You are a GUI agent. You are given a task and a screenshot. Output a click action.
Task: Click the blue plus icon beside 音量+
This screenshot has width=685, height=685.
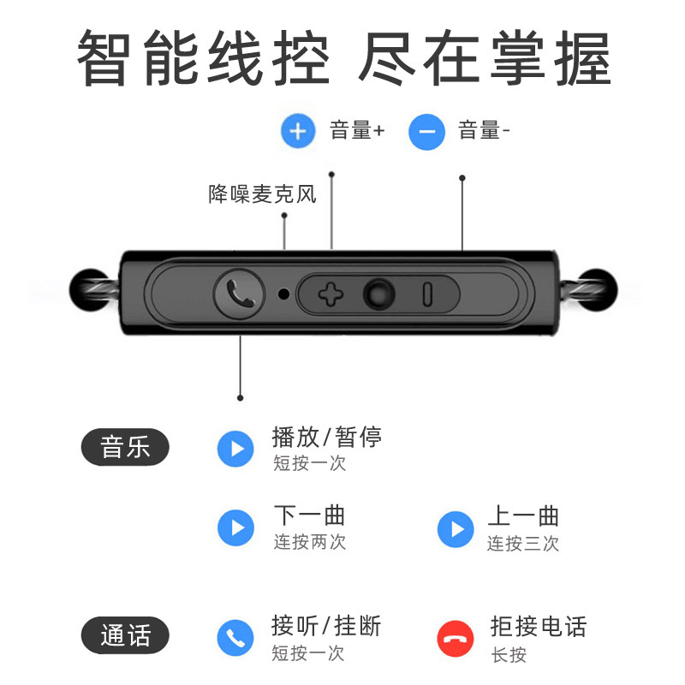[298, 131]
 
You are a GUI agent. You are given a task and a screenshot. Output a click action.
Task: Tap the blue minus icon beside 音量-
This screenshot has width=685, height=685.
[426, 131]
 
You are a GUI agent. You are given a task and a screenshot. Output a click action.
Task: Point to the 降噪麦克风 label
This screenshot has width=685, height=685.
[262, 194]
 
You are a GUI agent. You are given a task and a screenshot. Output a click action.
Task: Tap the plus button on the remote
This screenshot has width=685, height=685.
[330, 295]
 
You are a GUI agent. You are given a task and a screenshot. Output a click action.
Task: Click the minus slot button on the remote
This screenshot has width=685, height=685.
[426, 295]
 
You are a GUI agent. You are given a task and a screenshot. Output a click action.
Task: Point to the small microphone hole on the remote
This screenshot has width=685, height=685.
[283, 295]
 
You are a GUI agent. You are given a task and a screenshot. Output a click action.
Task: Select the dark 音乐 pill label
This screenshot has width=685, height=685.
[125, 447]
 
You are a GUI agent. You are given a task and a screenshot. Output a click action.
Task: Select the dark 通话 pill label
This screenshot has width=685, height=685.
[125, 636]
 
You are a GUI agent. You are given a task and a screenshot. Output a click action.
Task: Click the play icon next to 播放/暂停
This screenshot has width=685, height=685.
[235, 449]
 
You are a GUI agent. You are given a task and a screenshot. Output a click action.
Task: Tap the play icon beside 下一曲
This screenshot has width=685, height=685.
[235, 527]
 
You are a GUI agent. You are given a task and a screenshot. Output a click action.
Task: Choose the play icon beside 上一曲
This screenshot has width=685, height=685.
[456, 528]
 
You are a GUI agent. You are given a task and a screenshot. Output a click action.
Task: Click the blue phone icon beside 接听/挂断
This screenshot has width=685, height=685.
[235, 637]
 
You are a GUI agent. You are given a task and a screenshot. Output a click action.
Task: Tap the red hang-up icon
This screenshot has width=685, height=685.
[456, 638]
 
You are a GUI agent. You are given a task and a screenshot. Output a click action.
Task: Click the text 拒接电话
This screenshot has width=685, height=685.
[538, 626]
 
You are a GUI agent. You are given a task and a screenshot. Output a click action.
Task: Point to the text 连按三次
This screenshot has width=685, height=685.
[523, 543]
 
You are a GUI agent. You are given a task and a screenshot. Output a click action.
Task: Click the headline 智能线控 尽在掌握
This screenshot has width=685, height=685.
[342, 58]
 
